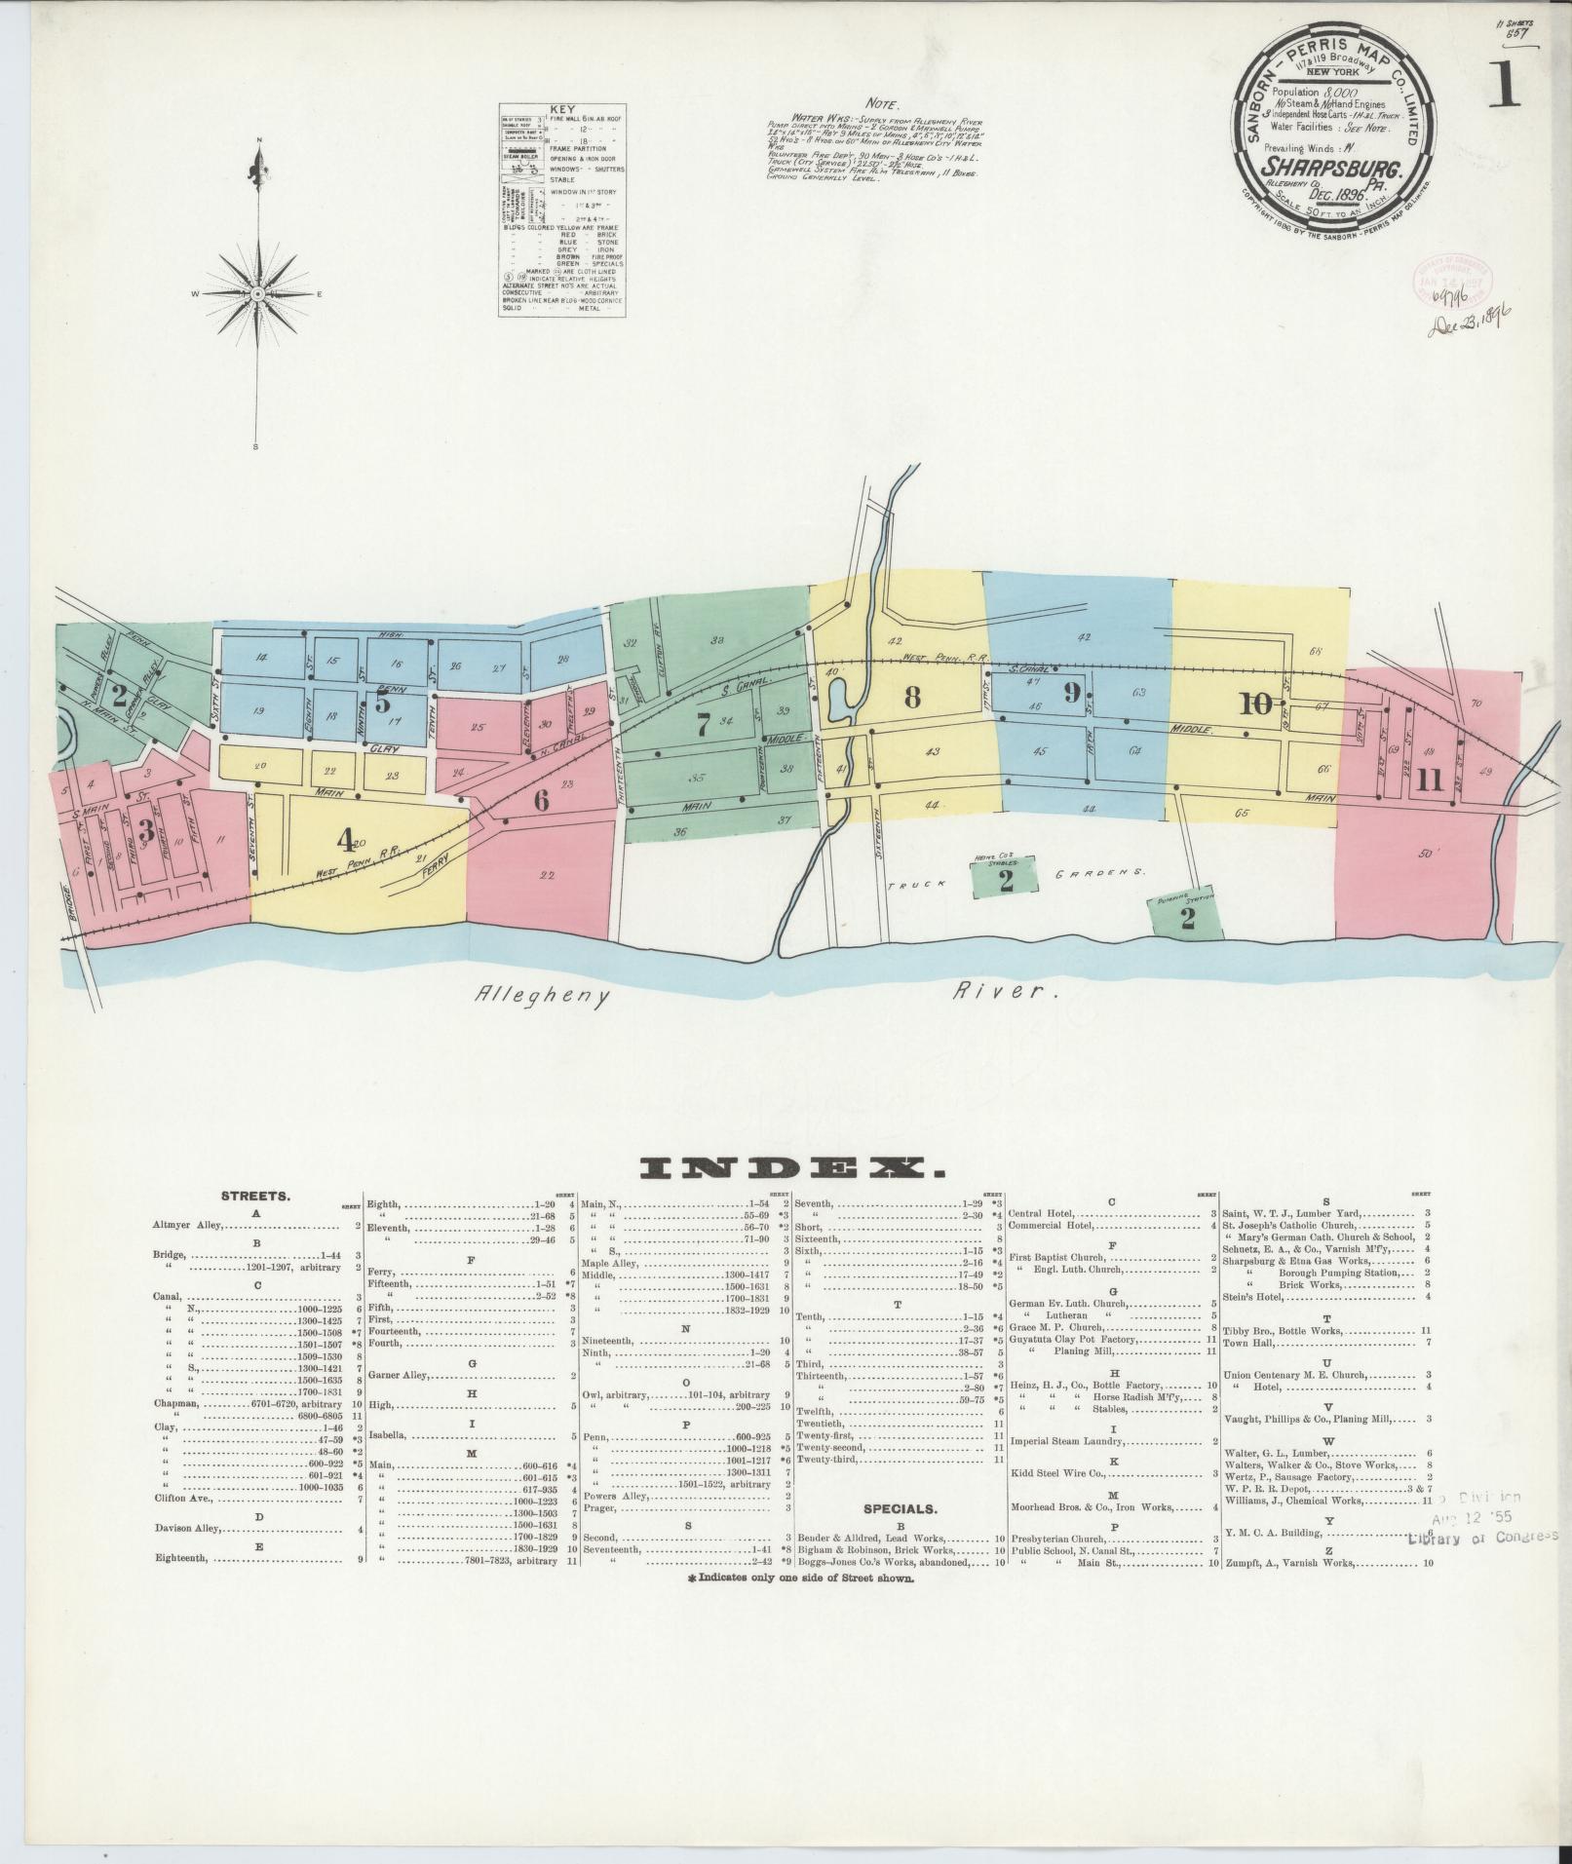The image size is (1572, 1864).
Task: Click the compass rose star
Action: [258, 293]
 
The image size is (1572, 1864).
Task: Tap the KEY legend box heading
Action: [562, 110]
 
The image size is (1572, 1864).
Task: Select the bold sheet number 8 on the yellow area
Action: [911, 698]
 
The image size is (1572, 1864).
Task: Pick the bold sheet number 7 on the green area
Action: [703, 723]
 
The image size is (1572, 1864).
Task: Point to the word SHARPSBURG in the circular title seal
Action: [1334, 168]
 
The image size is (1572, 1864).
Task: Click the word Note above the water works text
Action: [884, 102]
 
